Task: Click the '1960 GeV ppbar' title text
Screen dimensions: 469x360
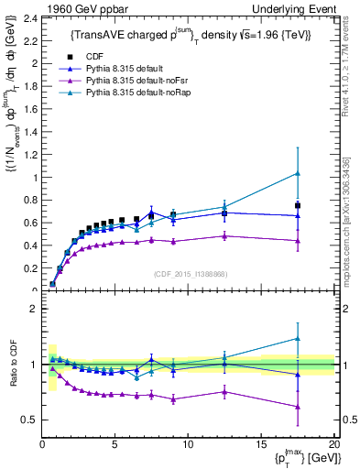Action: pyautogui.click(x=75, y=8)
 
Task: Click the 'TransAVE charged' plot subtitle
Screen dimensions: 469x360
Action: pyautogui.click(x=191, y=35)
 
